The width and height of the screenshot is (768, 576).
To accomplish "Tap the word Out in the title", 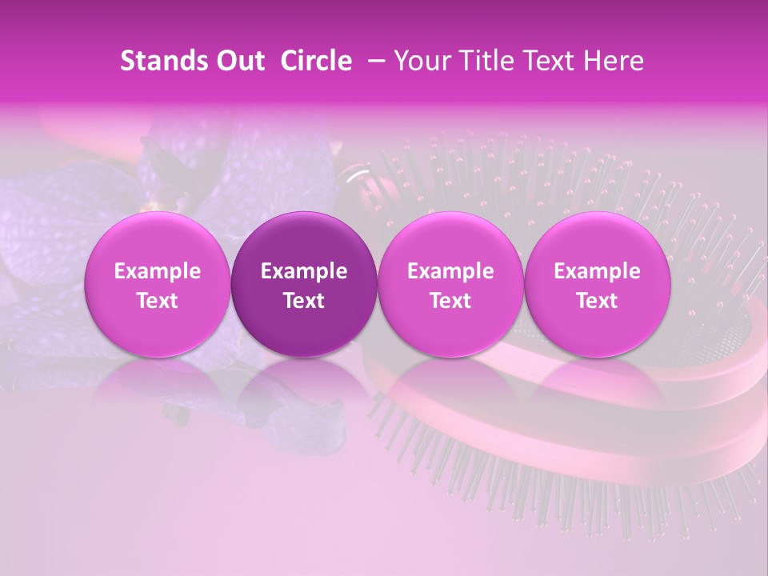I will [239, 61].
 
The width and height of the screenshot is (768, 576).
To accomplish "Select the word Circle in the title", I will [316, 61].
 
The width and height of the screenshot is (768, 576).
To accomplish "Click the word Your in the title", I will [421, 61].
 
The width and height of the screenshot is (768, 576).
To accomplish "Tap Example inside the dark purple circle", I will [304, 271].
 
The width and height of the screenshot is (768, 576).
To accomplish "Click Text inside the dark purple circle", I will [304, 301].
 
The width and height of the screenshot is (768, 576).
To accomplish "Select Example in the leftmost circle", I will [158, 271].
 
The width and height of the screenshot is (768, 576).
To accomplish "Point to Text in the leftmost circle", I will [158, 301].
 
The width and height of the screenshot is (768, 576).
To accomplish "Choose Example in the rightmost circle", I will [597, 271].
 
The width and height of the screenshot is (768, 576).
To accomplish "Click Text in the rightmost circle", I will [597, 301].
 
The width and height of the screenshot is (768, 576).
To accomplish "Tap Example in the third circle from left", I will [450, 271].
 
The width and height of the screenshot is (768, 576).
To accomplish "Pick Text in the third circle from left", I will [450, 301].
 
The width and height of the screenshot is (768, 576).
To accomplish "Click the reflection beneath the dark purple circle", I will [304, 392].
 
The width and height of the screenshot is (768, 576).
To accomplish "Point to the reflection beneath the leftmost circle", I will [158, 392].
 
